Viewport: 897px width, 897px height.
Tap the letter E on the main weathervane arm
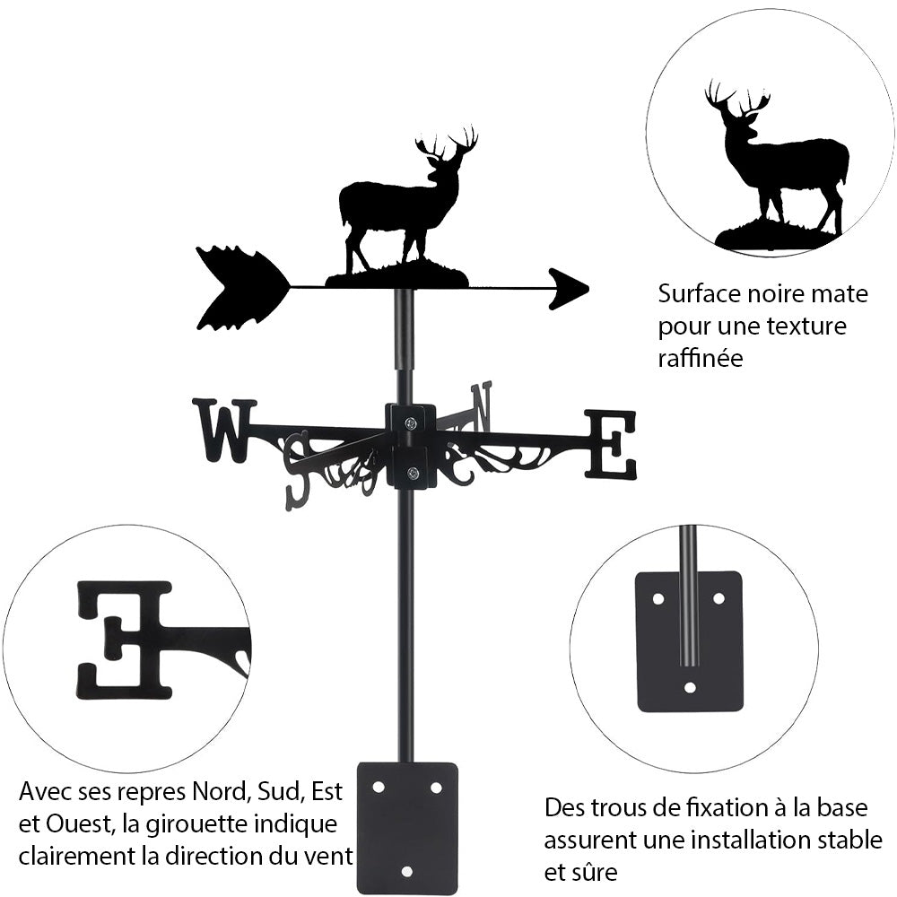click(x=610, y=444)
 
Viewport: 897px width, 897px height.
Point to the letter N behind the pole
click(x=481, y=407)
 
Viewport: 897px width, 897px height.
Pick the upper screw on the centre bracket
click(x=411, y=423)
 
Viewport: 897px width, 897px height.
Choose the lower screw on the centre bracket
click(x=412, y=473)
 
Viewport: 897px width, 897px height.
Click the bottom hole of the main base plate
click(x=406, y=872)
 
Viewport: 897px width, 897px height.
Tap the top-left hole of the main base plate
click(x=378, y=788)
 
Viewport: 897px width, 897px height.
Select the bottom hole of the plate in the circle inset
click(x=690, y=687)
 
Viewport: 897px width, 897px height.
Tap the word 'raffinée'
click(x=701, y=358)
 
